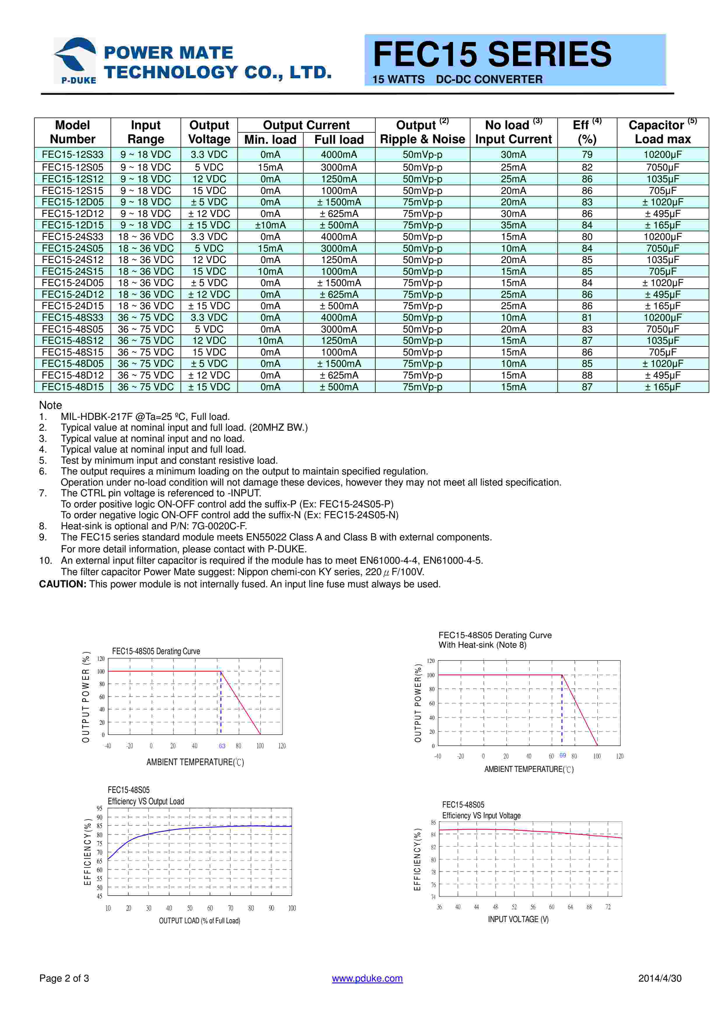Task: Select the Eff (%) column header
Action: [587, 132]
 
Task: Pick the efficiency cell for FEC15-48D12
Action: [587, 375]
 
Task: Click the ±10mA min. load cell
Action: [270, 225]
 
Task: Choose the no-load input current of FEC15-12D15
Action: [513, 225]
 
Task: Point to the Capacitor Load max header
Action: [662, 132]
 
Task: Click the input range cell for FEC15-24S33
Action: [146, 237]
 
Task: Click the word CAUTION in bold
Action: [62, 584]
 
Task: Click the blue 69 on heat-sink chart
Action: [562, 755]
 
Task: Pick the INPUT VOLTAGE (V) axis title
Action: [518, 919]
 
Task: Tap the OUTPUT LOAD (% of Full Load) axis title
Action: [199, 921]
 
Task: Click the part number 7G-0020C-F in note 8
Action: [219, 526]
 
